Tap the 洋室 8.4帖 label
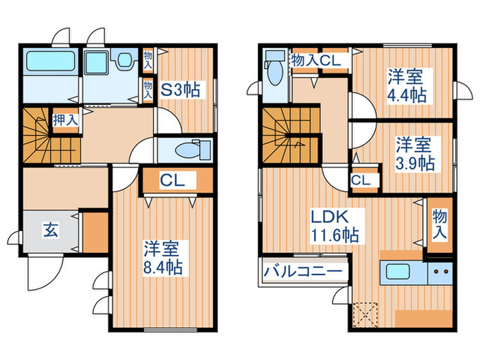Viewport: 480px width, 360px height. (163, 256)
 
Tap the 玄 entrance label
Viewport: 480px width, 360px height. (52, 229)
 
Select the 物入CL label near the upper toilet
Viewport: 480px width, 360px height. (313, 61)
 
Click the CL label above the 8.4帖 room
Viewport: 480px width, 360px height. (171, 181)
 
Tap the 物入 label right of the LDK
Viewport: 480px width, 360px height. (439, 224)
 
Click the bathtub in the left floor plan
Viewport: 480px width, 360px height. (52, 63)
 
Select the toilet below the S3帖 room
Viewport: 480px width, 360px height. (186, 150)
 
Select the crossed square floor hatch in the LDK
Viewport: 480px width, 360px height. (365, 316)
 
